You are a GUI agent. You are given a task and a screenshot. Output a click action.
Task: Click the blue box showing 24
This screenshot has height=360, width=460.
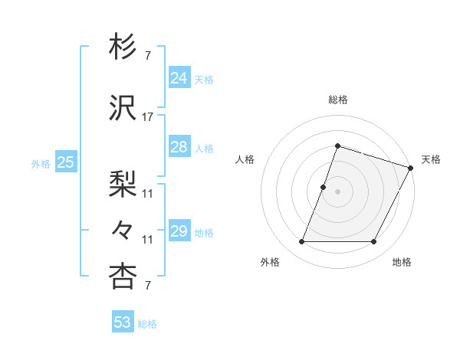pyautogui.click(x=179, y=78)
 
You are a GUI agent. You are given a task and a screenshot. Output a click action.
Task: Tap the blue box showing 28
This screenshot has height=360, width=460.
pyautogui.click(x=179, y=147)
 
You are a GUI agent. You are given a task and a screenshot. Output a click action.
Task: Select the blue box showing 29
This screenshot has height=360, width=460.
pyautogui.click(x=179, y=231)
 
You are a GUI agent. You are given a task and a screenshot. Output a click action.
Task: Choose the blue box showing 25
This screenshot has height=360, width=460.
pyautogui.click(x=66, y=162)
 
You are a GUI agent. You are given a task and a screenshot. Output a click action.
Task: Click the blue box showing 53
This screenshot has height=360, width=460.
pyautogui.click(x=123, y=322)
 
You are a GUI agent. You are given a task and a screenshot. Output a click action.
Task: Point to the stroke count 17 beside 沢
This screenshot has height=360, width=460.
pyautogui.click(x=148, y=117)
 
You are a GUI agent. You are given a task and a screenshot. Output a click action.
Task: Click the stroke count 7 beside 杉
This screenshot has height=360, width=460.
pyautogui.click(x=148, y=56)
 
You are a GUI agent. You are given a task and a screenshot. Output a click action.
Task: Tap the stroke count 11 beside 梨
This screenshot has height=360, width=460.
pyautogui.click(x=148, y=194)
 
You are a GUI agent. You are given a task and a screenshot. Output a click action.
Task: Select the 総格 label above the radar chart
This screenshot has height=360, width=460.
pyautogui.click(x=337, y=100)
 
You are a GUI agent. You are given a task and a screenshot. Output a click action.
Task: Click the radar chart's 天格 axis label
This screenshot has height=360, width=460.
pyautogui.click(x=431, y=159)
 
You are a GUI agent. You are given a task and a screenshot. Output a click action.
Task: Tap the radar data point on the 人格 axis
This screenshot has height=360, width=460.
pyautogui.click(x=324, y=187)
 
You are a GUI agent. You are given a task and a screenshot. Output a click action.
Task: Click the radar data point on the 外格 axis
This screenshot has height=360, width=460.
pyautogui.click(x=301, y=242)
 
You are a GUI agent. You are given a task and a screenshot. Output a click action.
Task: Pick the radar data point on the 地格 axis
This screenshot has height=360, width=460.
pyautogui.click(x=374, y=242)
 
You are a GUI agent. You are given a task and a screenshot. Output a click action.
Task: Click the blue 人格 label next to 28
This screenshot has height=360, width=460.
pyautogui.click(x=204, y=148)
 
